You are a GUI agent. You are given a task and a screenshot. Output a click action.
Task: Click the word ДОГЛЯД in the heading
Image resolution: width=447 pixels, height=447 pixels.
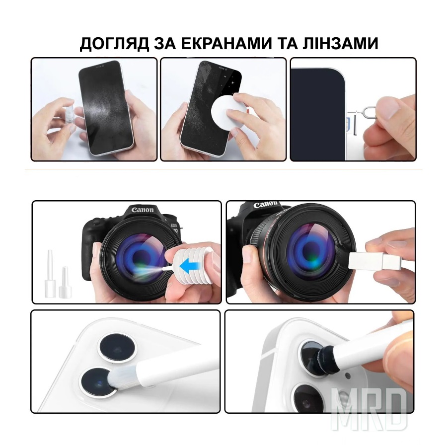(114, 44)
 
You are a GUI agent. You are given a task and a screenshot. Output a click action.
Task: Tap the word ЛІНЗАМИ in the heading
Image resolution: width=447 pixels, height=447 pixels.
(340, 43)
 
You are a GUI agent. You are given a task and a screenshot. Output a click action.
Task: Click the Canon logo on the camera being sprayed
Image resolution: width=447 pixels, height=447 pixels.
(142, 210)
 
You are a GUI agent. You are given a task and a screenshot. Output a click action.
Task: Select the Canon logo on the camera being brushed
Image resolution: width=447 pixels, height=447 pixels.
(265, 204)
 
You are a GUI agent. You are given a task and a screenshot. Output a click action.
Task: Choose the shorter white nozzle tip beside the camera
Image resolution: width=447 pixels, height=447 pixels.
(65, 282)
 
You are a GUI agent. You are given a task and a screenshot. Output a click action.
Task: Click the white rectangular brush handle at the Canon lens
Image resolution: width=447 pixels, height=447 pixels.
(374, 261)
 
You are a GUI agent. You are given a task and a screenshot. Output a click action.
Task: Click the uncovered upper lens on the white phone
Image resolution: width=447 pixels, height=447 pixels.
(116, 348)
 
